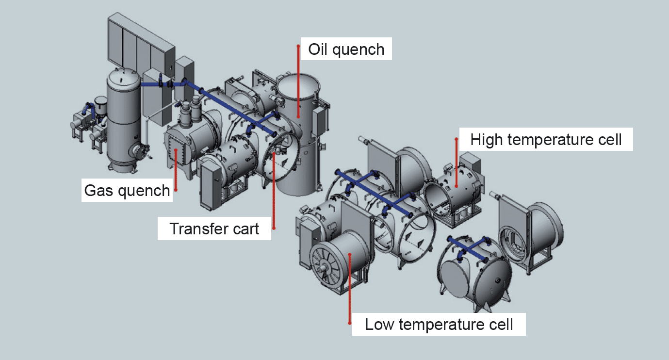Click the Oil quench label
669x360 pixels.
346,49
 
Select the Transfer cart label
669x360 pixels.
214,228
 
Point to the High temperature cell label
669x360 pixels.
546,140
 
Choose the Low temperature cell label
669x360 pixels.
439,324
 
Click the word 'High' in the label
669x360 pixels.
487,140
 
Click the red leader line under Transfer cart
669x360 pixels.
274,194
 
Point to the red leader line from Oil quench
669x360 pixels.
298,82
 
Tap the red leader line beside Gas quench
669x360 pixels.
175,170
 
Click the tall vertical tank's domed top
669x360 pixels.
123,75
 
